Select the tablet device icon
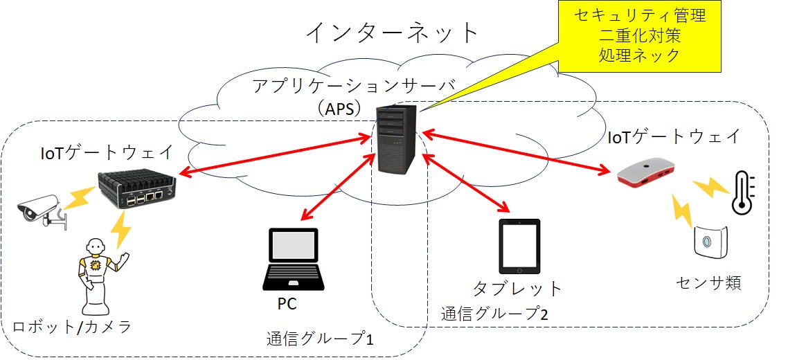(x=519, y=246)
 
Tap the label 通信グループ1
(x=321, y=339)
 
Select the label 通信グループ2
(x=494, y=314)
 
